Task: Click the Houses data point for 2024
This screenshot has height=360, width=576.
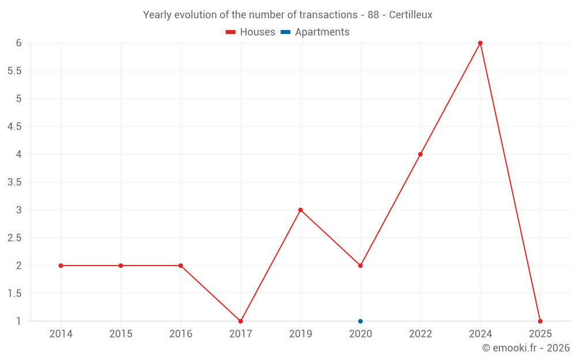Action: (x=480, y=43)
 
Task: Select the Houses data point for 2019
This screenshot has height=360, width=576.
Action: (x=300, y=210)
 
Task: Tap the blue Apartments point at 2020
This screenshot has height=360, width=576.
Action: (x=360, y=321)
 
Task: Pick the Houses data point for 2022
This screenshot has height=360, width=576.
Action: (x=420, y=154)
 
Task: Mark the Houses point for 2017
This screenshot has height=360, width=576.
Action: (x=240, y=321)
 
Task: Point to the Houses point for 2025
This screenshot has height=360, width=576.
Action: (x=540, y=321)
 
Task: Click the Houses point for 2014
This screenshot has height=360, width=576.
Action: (x=60, y=266)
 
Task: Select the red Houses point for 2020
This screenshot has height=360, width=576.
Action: (x=360, y=266)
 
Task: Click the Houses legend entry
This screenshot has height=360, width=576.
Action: (x=251, y=32)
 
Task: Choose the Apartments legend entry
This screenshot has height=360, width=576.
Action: (x=316, y=32)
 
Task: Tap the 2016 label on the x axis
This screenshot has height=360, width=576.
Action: (x=180, y=334)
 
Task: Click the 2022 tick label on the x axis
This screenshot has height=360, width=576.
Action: (x=420, y=334)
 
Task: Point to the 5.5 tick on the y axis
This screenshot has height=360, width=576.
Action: (x=14, y=71)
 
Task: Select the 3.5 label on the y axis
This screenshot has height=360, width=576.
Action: (x=14, y=182)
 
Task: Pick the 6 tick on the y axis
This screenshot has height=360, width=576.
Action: (x=19, y=43)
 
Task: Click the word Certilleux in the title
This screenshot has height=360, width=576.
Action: (x=410, y=15)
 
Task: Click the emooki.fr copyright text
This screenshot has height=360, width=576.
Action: (x=525, y=348)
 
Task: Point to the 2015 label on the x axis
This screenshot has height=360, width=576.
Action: (x=120, y=334)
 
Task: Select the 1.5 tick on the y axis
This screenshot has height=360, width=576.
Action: (x=14, y=293)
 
